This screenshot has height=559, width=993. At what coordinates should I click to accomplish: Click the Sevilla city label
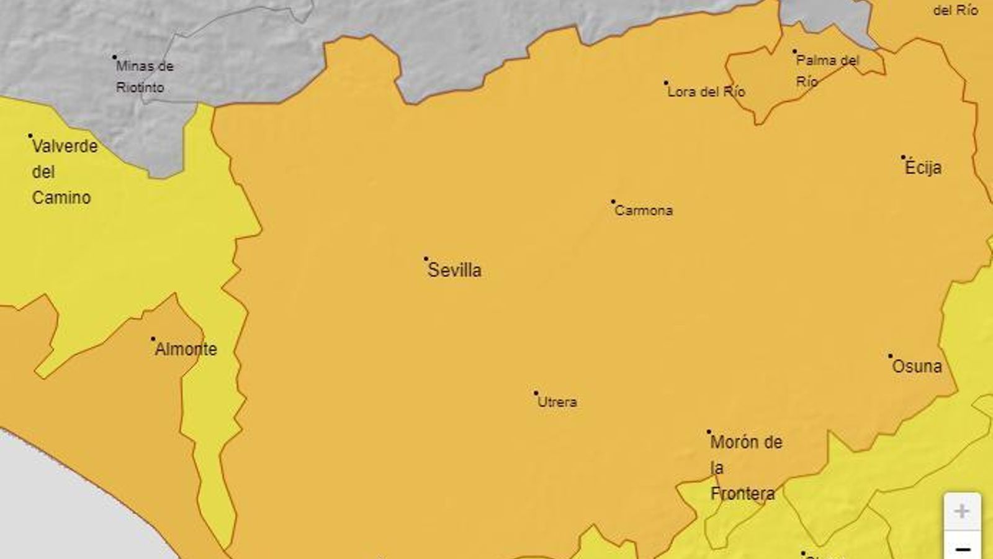[454, 270]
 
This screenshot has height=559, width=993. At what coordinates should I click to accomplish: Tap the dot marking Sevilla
[426, 258]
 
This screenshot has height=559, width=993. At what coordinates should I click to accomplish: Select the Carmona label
[644, 211]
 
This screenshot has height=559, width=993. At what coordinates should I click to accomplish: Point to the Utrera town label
[557, 402]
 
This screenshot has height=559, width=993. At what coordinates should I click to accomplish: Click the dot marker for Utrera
[536, 393]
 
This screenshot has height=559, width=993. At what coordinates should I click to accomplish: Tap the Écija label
[923, 168]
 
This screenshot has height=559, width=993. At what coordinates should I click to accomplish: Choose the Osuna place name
[917, 366]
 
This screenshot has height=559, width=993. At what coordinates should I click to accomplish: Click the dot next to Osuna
[890, 356]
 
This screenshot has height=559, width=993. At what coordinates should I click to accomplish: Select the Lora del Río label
[706, 92]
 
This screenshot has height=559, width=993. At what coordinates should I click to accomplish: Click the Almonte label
[186, 350]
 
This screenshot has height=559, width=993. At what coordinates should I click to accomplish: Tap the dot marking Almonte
[153, 339]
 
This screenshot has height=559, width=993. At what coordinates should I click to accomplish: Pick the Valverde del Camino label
[64, 172]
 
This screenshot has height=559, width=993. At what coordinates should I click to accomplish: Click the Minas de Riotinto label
[144, 76]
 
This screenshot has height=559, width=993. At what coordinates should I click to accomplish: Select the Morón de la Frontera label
[745, 468]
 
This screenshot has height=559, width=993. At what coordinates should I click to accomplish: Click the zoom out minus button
[963, 548]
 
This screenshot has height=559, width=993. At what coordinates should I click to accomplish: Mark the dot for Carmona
[613, 202]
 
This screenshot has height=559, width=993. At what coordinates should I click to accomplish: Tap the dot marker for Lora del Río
[666, 83]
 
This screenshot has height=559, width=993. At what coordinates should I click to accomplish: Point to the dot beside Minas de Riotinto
[115, 57]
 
